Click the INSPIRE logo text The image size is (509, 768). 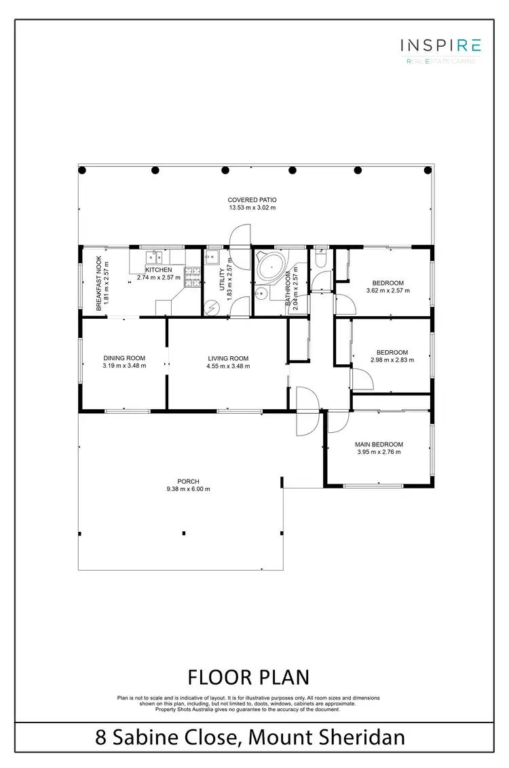(440, 45)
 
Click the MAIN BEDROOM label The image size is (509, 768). (379, 445)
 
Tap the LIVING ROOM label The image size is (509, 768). (228, 358)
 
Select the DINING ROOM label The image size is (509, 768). (124, 358)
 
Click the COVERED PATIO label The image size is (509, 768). (252, 200)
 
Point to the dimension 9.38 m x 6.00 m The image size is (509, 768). (189, 488)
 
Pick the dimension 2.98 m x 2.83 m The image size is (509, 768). (392, 360)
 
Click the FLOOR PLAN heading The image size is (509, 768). (248, 677)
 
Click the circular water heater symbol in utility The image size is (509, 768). (212, 307)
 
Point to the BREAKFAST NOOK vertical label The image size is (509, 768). (99, 283)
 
